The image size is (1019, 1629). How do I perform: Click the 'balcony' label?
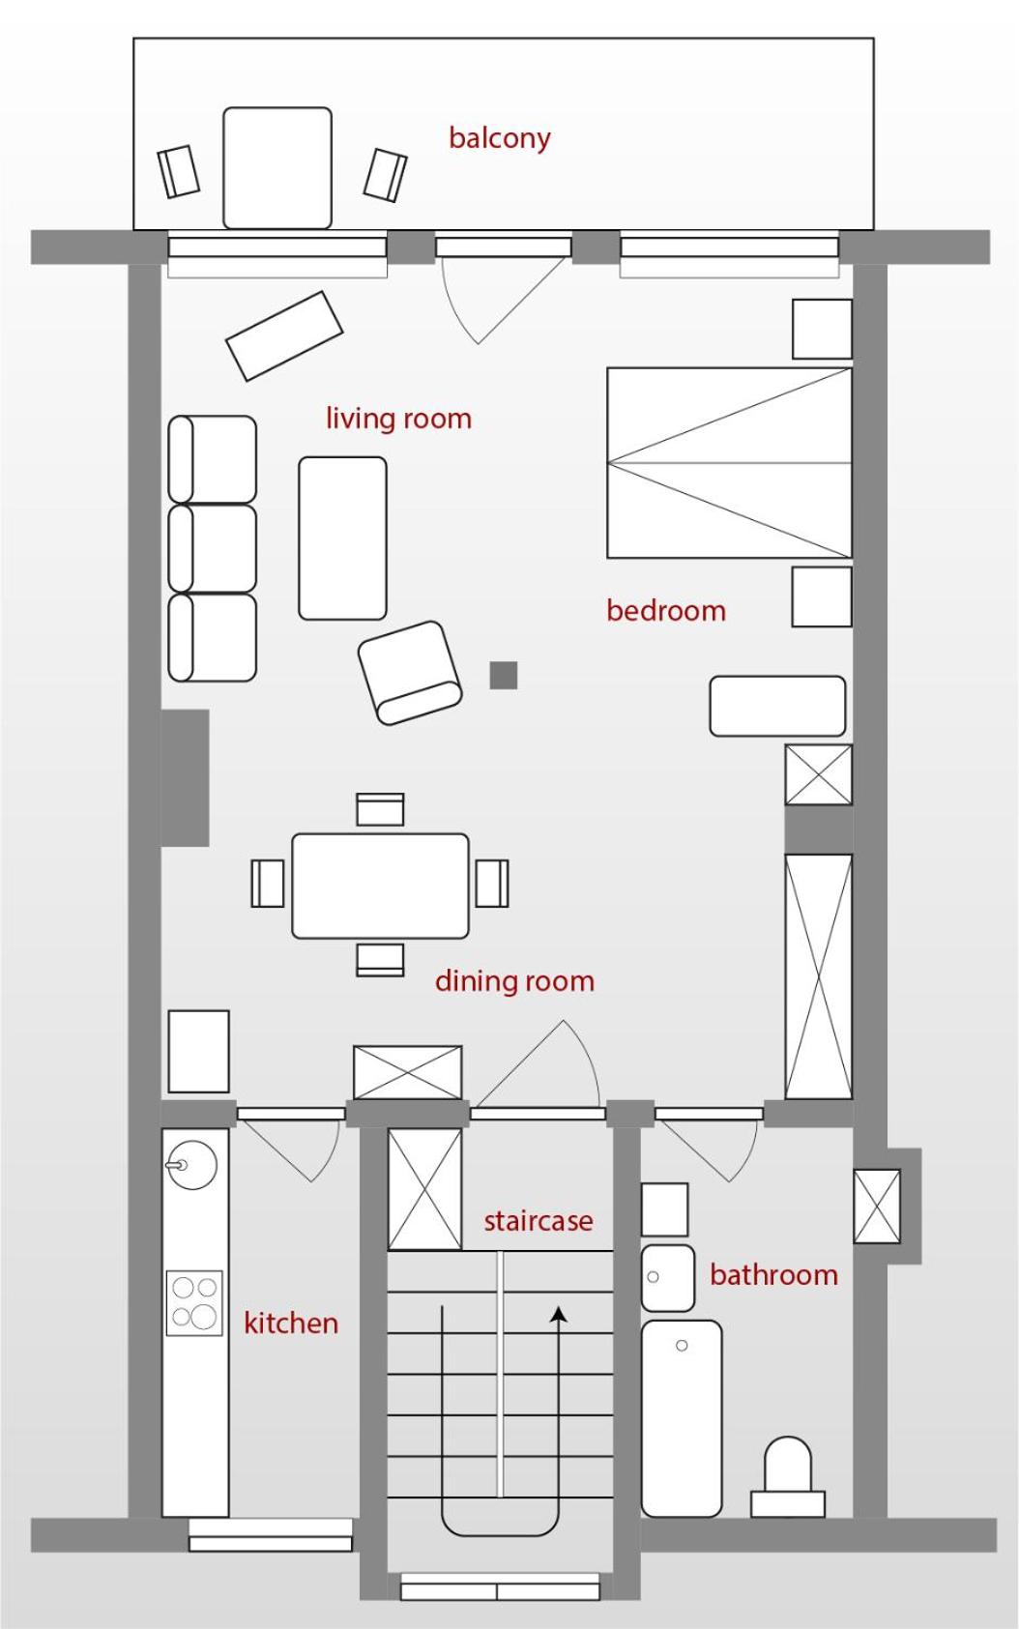click(500, 137)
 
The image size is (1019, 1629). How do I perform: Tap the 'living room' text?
click(398, 419)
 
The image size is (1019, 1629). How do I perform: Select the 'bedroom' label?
click(666, 610)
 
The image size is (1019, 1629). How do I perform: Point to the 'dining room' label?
click(515, 981)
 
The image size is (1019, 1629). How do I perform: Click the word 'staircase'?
click(539, 1220)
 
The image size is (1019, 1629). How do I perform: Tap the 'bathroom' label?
click(773, 1275)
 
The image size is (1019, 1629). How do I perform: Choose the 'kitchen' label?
click(291, 1323)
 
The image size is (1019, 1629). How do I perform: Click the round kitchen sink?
click(192, 1164)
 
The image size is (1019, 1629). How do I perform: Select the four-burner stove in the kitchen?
click(194, 1302)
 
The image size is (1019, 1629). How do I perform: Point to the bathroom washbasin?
click(668, 1278)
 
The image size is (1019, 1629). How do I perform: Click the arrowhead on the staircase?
click(559, 1313)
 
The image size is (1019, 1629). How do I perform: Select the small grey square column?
click(504, 675)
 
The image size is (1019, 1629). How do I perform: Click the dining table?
click(380, 886)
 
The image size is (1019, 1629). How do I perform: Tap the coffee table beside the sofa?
click(342, 538)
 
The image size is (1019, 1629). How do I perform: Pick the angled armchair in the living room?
click(410, 673)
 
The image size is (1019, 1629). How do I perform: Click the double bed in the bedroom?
click(730, 462)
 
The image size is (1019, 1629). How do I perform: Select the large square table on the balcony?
click(277, 168)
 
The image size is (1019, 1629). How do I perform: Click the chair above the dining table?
click(380, 809)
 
